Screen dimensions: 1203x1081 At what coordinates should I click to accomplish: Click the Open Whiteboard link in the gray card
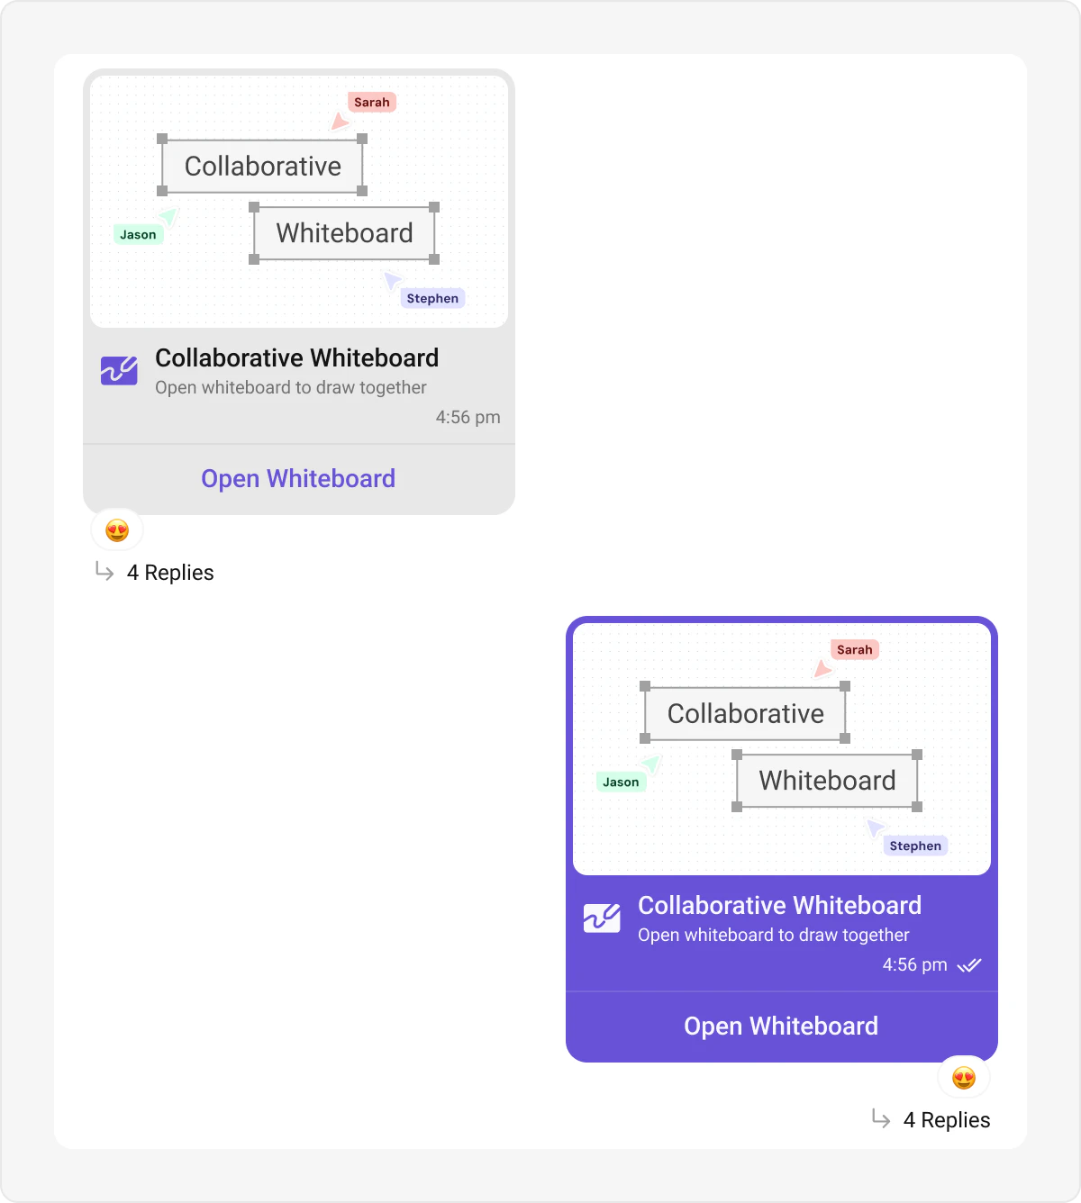click(x=298, y=478)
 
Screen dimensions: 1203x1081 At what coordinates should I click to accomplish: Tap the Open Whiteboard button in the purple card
click(x=781, y=1026)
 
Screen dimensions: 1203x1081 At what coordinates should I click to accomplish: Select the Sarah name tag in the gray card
click(x=372, y=103)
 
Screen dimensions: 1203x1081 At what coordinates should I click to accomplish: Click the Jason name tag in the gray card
click(x=139, y=235)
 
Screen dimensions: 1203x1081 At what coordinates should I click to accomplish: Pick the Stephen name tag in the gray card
click(x=432, y=299)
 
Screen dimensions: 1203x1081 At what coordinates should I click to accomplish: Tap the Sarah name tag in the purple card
click(x=854, y=650)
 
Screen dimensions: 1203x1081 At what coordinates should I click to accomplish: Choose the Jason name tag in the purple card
click(x=621, y=782)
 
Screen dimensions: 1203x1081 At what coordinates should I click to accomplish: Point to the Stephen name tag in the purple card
click(x=915, y=846)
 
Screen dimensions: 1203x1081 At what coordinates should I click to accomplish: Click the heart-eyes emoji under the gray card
click(x=117, y=530)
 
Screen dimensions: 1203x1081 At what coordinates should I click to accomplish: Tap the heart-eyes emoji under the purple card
click(x=964, y=1078)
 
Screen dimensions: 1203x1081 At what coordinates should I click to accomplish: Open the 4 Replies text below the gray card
click(x=170, y=573)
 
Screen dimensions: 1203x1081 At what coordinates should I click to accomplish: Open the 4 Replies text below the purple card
click(x=947, y=1120)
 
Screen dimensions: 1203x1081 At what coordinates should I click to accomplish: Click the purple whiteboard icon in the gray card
click(x=119, y=370)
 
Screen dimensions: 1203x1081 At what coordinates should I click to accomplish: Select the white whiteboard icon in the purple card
click(x=602, y=918)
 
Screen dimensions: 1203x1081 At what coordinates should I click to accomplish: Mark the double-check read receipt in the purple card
click(x=969, y=965)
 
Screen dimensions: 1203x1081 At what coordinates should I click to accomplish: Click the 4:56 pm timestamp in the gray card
click(x=468, y=417)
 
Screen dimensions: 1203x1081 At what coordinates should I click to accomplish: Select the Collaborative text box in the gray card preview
click(x=262, y=166)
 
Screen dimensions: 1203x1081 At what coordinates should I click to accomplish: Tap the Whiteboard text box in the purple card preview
click(x=827, y=781)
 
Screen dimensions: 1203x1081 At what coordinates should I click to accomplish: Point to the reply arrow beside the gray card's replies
click(x=104, y=572)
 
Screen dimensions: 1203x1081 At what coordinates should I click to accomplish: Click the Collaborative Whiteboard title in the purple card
click(x=779, y=905)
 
